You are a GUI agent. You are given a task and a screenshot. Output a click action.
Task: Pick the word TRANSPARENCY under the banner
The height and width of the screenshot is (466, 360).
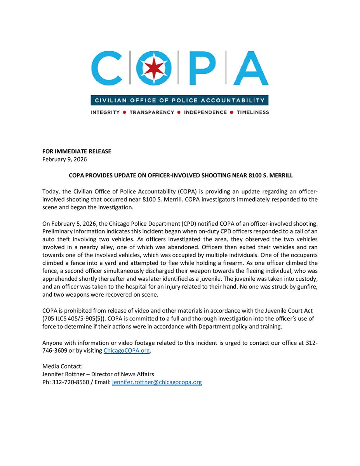click(152, 112)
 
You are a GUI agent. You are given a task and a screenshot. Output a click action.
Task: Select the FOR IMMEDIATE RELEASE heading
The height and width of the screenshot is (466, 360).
click(77, 151)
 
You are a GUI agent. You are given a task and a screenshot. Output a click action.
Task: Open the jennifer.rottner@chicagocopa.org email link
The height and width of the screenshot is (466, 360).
click(157, 383)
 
